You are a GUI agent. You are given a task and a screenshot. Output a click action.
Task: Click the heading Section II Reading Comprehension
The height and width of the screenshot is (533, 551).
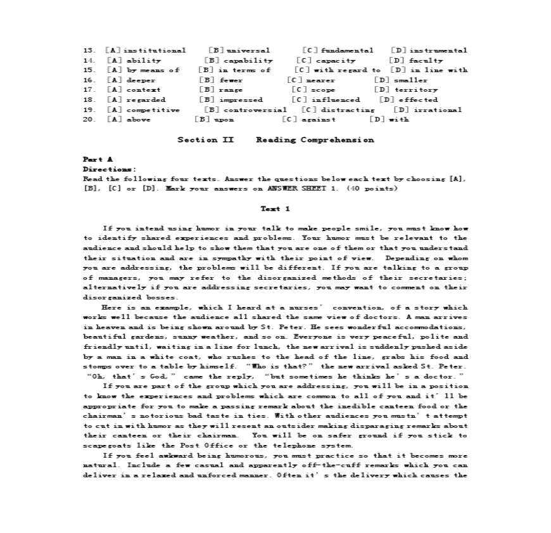point(275,140)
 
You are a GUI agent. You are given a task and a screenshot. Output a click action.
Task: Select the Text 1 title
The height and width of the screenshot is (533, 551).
point(275,209)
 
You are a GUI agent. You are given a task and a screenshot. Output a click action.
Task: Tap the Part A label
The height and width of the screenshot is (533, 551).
point(98,160)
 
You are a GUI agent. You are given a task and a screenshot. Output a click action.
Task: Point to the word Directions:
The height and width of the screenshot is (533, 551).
point(109,170)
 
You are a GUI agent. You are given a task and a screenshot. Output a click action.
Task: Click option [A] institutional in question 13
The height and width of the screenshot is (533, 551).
point(146,51)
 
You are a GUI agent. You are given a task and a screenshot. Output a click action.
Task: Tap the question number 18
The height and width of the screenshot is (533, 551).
point(89,100)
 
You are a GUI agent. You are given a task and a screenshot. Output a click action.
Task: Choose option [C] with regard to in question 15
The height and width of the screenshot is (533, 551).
point(338,70)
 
